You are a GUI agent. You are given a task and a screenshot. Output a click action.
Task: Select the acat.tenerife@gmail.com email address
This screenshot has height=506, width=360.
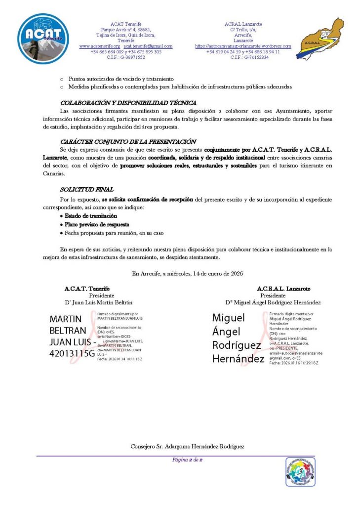pos(148,46)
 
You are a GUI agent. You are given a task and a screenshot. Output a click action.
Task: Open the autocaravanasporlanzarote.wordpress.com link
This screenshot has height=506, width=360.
pos(243,46)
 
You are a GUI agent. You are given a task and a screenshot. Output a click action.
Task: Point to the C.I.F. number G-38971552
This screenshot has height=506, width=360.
pos(126,57)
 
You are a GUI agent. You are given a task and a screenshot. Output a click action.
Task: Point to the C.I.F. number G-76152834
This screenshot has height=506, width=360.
pos(249,57)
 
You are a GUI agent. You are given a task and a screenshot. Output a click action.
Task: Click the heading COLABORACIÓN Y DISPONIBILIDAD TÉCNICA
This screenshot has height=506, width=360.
pos(128,103)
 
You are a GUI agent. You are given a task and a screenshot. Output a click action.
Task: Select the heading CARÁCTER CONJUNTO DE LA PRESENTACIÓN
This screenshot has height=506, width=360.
pos(128,142)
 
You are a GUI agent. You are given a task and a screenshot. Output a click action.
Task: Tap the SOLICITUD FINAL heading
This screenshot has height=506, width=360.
pos(86,189)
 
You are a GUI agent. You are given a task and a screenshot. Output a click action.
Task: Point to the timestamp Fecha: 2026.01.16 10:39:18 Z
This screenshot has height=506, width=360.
pos(294,363)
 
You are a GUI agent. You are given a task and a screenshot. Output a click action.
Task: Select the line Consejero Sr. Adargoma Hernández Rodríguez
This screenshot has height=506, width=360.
pos(187,447)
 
